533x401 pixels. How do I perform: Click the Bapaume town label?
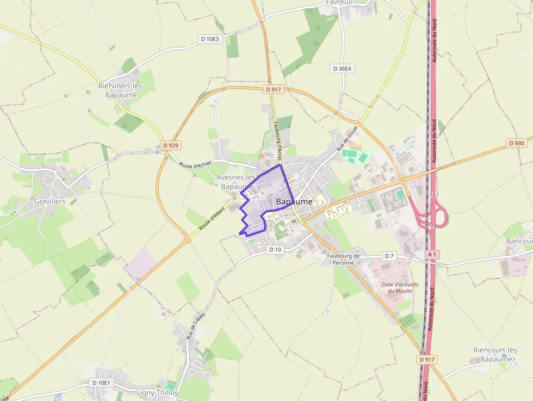click(x=294, y=201)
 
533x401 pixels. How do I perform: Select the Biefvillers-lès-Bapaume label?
click(x=121, y=90)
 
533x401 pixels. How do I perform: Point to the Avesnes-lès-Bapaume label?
click(x=235, y=182)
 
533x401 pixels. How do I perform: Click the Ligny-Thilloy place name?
click(x=157, y=392)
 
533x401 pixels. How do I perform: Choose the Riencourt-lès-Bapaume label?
click(x=495, y=354)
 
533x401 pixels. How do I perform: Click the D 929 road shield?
click(x=171, y=145)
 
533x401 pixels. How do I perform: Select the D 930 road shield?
click(x=516, y=143)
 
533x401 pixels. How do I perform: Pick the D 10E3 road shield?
click(x=210, y=39)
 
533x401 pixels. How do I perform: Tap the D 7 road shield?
click(x=389, y=256)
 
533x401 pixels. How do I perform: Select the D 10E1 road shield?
click(x=101, y=383)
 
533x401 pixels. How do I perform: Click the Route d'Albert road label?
click(x=212, y=218)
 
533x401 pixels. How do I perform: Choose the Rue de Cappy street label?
click(x=196, y=325)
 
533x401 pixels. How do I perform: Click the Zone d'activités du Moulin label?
click(x=400, y=287)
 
